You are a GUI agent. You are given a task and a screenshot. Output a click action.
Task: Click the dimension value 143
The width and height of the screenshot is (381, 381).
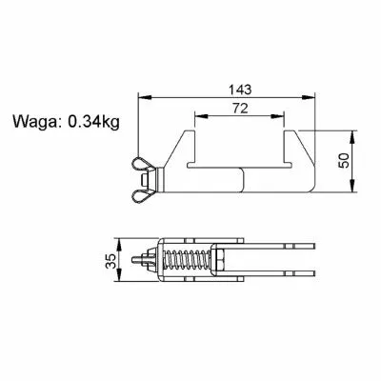(240, 90)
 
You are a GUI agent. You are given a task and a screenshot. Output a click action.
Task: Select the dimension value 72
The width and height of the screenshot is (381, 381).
(240, 109)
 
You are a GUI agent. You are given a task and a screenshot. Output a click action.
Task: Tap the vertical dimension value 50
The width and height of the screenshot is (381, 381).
(344, 161)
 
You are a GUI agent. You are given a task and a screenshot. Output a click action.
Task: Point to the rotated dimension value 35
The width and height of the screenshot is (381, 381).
(110, 261)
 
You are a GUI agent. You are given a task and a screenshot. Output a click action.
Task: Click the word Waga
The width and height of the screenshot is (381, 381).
(34, 122)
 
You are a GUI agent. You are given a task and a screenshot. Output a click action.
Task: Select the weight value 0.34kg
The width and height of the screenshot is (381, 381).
(93, 121)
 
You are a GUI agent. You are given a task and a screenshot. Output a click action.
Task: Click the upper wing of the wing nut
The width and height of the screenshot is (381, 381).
(143, 165)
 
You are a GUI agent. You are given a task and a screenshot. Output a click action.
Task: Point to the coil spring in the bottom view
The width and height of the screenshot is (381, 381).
(187, 259)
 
